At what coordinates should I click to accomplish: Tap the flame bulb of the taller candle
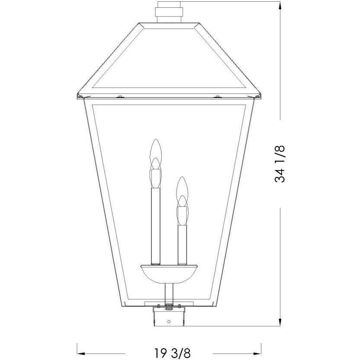[x=155, y=151]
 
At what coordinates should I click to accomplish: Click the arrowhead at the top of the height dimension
[x=280, y=5]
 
